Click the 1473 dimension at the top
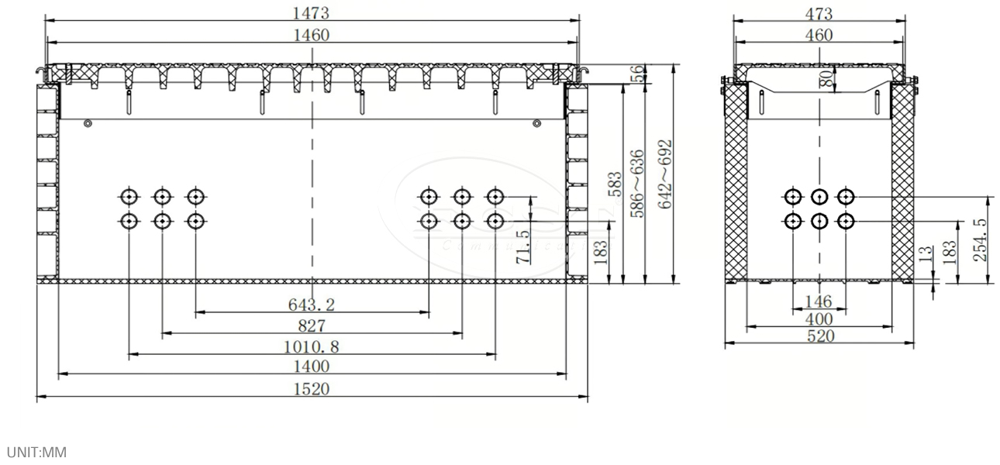(312, 12)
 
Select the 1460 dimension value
(312, 34)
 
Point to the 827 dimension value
(312, 325)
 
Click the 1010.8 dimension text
(312, 346)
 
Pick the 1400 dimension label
(312, 366)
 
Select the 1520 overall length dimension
(312, 388)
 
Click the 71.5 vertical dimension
(522, 246)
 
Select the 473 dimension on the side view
(819, 13)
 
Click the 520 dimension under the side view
(819, 336)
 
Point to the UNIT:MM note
(36, 449)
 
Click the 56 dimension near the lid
(637, 73)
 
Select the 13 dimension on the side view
(924, 254)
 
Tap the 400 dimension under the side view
(819, 319)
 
